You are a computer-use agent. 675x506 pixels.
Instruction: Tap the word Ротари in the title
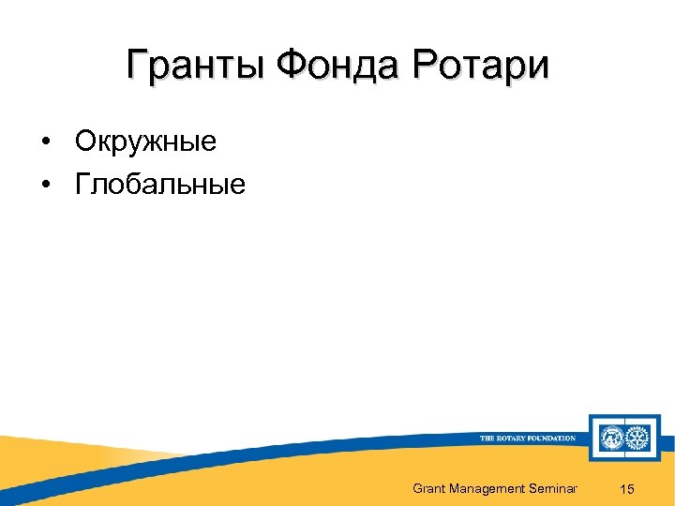480,67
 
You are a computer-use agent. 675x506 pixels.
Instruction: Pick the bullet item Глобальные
160,185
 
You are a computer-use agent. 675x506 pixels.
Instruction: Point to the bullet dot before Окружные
45,142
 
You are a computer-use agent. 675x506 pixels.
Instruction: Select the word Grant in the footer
429,488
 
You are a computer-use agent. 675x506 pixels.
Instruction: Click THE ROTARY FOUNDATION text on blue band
527,438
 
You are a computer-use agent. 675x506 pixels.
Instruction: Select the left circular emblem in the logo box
611,438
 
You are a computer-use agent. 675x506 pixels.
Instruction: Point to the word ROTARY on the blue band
515,438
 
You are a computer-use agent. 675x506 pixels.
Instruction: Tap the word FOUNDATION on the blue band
553,438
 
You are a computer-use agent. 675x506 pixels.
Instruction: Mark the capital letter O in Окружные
85,141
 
